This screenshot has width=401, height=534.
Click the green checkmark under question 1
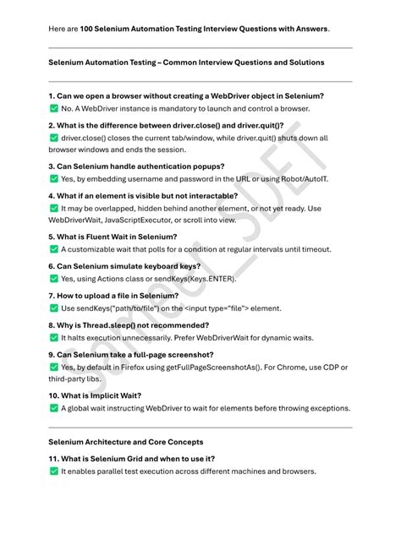(54, 109)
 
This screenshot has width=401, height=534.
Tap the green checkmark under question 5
(54, 250)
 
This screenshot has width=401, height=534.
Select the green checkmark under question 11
(54, 471)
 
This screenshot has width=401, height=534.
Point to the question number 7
(52, 295)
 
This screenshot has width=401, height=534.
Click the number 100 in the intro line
(88, 28)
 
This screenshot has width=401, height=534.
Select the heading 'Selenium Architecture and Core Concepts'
(126, 442)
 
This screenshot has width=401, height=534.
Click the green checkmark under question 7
(54, 309)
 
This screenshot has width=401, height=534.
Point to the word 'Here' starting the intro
(58, 28)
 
